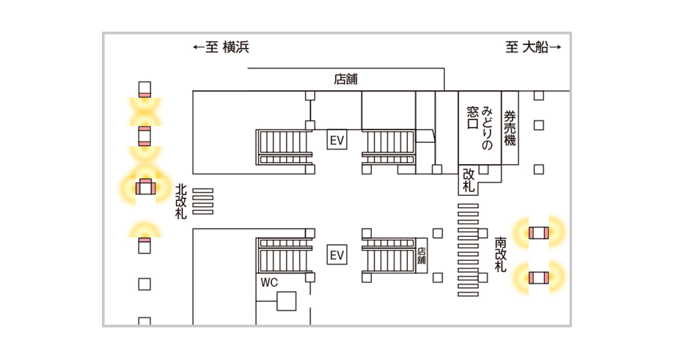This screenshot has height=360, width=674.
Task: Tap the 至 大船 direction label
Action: pos(533,48)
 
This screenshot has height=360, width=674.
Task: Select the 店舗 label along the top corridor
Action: pos(345,79)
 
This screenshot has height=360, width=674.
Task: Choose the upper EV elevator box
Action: pos(337,139)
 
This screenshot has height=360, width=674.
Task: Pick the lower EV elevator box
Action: pos(337,255)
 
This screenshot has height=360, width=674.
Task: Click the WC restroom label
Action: pos(268,282)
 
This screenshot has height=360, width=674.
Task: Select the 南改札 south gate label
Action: pos(500,254)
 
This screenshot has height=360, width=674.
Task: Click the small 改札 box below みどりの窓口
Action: pos(469,180)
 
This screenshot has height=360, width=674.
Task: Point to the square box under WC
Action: pos(286,301)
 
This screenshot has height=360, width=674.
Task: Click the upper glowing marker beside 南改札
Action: pos(538,233)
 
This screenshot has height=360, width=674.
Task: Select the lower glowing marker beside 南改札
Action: pos(538,278)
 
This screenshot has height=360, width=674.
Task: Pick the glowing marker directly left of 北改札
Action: pos(144,187)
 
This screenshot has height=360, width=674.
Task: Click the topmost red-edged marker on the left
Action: pos(144,89)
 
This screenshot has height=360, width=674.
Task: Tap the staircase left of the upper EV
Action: pos(282,147)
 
